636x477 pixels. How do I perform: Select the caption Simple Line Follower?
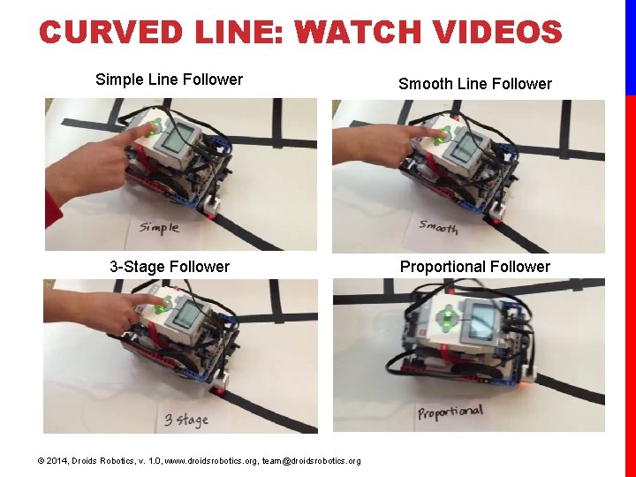click(169, 79)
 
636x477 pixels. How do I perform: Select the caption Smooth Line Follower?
click(474, 84)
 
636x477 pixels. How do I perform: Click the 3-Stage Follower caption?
click(169, 267)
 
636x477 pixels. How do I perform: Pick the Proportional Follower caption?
click(474, 267)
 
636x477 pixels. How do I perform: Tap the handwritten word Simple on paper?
click(159, 227)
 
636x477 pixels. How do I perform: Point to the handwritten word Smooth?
click(439, 227)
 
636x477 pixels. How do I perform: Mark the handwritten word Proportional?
click(450, 413)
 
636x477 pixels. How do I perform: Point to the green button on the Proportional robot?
click(448, 316)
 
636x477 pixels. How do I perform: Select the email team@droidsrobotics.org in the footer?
click(312, 461)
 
